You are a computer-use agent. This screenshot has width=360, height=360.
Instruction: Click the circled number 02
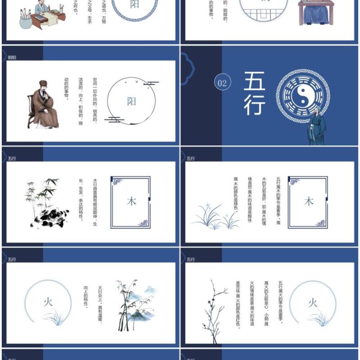tap(222, 83)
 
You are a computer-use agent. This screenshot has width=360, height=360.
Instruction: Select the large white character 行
tap(255, 104)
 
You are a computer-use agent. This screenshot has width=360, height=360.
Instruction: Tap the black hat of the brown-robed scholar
tap(43, 84)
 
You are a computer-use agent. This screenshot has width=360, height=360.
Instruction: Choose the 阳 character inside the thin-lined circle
tap(131, 101)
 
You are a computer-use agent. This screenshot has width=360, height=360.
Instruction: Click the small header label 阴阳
tap(12, 58)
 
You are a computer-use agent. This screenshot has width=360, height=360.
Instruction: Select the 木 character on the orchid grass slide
tap(309, 201)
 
